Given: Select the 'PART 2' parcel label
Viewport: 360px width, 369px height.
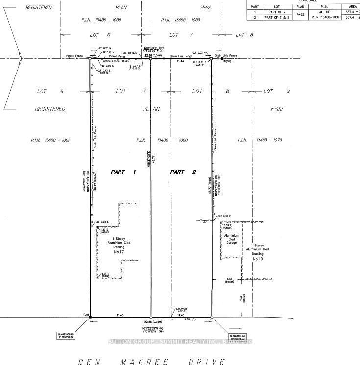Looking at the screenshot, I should pyautogui.click(x=183, y=172).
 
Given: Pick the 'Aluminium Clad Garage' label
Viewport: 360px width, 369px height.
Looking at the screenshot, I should pyautogui.click(x=231, y=239).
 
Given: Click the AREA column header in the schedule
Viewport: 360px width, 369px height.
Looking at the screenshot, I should pyautogui.click(x=349, y=6).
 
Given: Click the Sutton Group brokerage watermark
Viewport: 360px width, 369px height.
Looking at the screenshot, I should pyautogui.click(x=180, y=342).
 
